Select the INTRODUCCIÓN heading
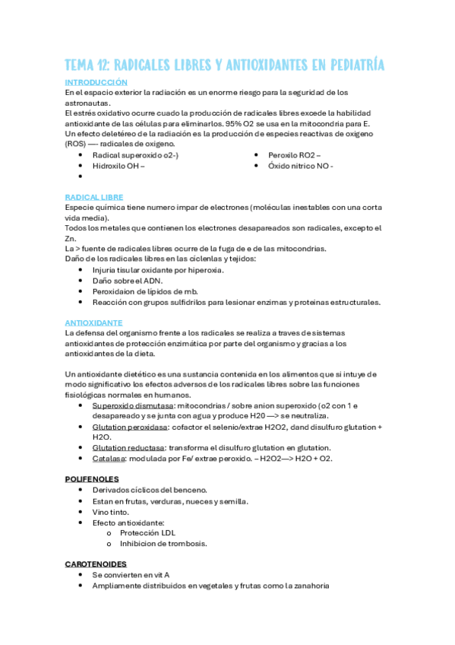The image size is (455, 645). [x=96, y=82]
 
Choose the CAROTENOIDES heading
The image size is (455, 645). [x=94, y=564]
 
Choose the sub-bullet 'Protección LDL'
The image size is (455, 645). [x=149, y=533]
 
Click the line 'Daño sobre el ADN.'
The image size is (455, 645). [x=127, y=280]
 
